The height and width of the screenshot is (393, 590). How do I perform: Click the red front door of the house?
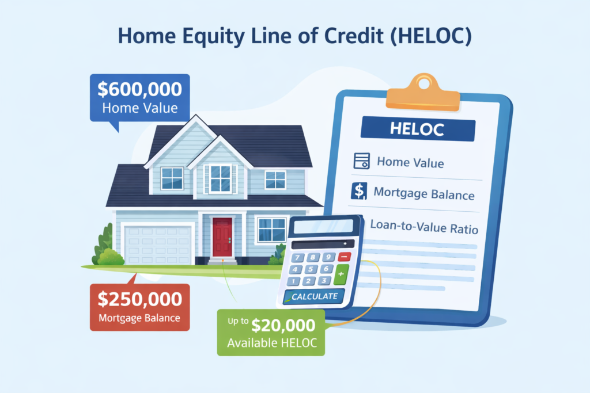(x=222, y=236)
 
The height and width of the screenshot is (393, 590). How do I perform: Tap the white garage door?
(x=158, y=245)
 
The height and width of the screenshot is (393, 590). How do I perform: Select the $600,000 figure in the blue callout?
(x=139, y=89)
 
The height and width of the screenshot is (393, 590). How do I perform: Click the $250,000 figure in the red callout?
(x=139, y=299)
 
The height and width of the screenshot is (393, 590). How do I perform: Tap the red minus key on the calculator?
(x=344, y=257)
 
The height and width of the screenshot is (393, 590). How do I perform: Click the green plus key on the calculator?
(x=341, y=274)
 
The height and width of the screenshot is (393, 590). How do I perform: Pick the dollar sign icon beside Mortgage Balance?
(x=358, y=192)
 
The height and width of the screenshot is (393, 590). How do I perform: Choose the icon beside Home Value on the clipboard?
(x=361, y=162)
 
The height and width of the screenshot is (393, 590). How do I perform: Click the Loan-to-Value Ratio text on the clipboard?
(x=423, y=226)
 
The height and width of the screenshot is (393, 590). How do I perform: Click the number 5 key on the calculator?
(x=312, y=269)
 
